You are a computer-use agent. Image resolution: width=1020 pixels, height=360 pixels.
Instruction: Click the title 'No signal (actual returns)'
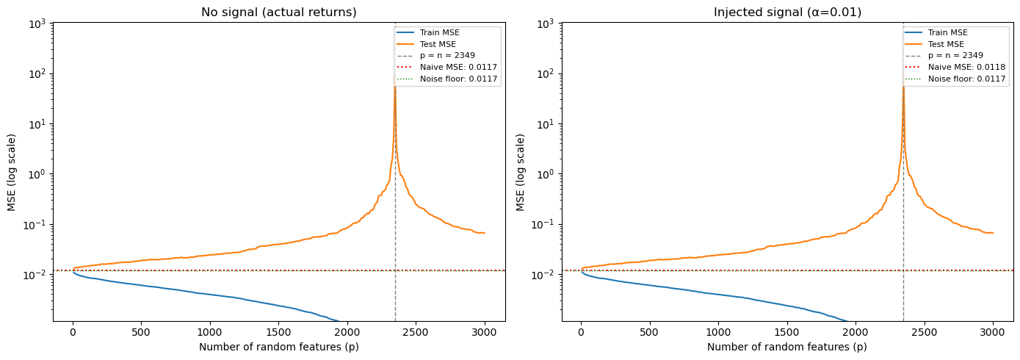pos(278,12)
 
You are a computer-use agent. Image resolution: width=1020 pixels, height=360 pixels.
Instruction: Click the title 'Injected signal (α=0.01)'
pos(787,12)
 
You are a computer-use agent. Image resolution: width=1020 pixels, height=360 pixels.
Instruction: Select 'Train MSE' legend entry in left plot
pos(441,33)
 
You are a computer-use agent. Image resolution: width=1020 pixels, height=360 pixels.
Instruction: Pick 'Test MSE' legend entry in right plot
pos(947,44)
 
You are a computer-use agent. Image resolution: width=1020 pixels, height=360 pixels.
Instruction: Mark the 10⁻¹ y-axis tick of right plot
pos(544,225)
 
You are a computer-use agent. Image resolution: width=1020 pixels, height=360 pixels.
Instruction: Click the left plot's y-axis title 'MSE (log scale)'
pos(12,172)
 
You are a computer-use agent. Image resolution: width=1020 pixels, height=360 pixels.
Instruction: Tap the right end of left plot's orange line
pos(485,233)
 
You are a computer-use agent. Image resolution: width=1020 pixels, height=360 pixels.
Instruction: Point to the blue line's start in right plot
pos(582,273)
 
